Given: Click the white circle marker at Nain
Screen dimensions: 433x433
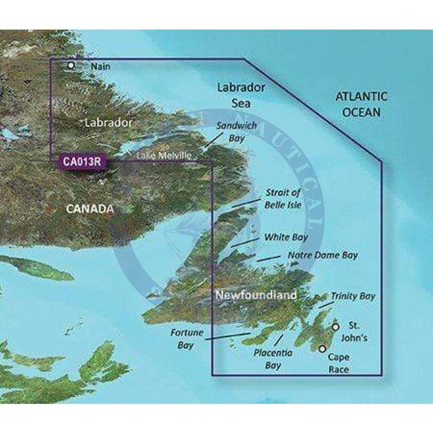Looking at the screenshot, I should pos(71,65).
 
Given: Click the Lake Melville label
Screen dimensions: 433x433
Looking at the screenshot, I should pos(163,156).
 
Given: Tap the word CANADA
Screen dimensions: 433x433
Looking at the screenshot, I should pos(89,209).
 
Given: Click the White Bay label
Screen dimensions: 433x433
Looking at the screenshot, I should pos(286,237).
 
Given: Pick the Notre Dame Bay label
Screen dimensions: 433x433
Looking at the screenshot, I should pos(322,255).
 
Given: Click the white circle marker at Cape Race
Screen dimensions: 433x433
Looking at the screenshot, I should pos(322,349).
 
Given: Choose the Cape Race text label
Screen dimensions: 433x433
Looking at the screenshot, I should pos(339,363).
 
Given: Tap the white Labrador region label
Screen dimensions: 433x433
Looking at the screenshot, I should pos(109,123).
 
